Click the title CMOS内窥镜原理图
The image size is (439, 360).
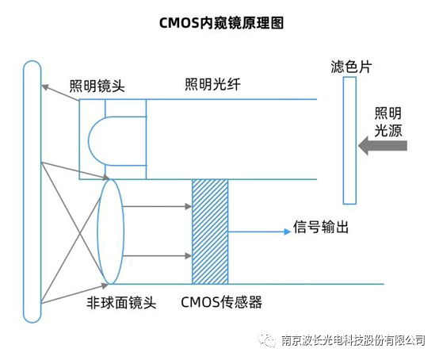pyautogui.click(x=220, y=23)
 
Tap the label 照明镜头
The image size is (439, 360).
pyautogui.click(x=97, y=86)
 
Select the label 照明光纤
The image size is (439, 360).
pyautogui.click(x=212, y=85)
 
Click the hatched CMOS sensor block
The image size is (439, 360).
pyautogui.click(x=210, y=232)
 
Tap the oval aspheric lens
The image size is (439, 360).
pyautogui.click(x=111, y=232)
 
